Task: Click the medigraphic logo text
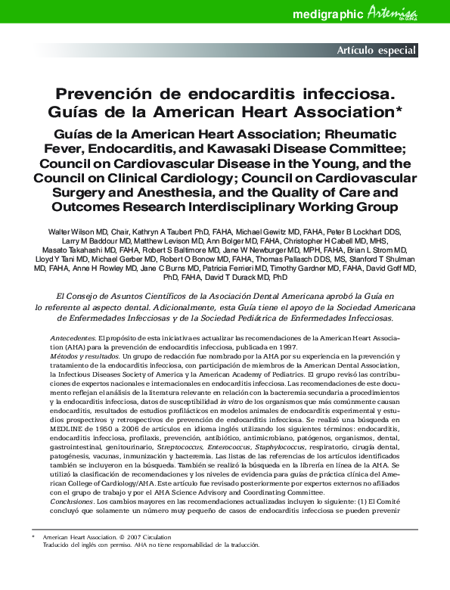click(327, 14)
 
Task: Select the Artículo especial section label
click(376, 51)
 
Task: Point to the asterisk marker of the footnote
click(33, 535)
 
